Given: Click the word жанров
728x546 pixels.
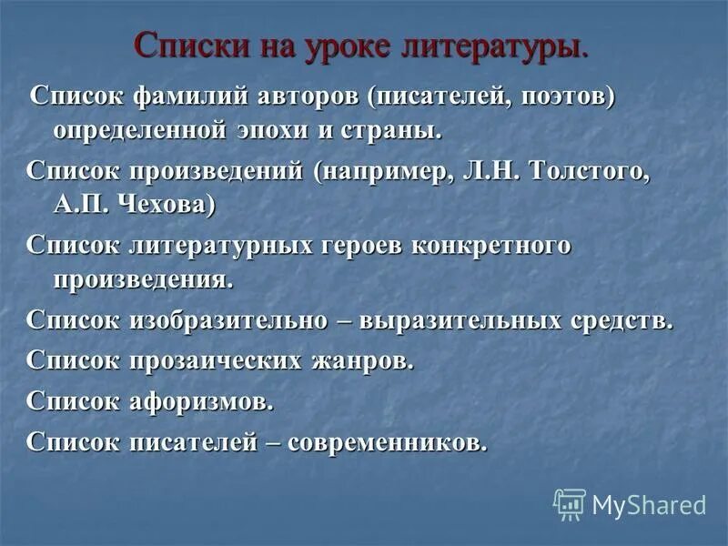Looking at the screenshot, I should (x=363, y=360).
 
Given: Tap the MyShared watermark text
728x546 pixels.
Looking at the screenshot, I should (x=649, y=504).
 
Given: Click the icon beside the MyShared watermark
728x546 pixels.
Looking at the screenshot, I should (x=570, y=503).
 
